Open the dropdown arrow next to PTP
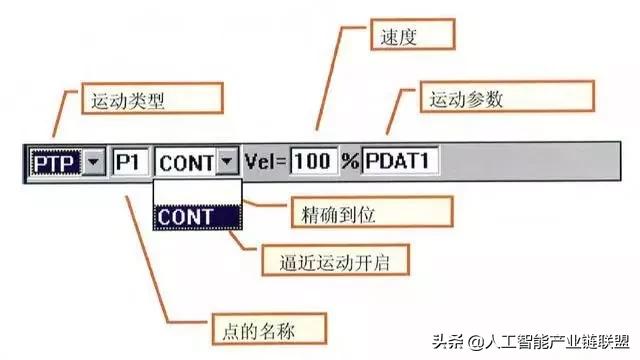coord(92,160)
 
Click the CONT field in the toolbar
coord(186,160)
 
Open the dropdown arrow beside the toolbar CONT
coord(229,160)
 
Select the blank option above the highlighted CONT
coord(196,191)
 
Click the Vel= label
coord(266,160)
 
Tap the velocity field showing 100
coord(314,160)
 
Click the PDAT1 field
coord(399,160)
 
